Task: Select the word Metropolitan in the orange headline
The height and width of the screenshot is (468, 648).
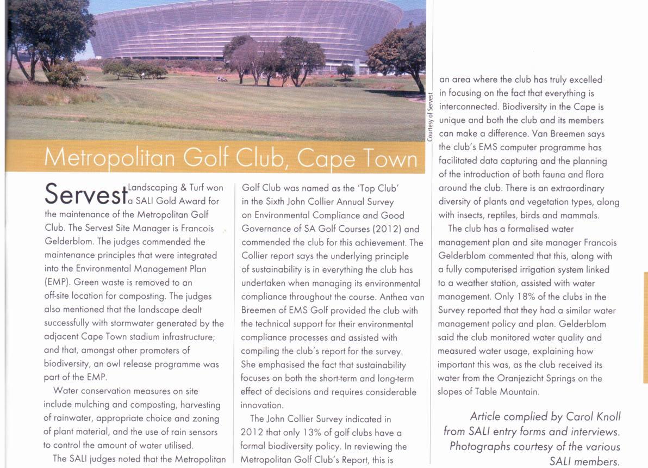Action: (x=110, y=157)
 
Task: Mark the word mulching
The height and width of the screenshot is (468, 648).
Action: (x=93, y=405)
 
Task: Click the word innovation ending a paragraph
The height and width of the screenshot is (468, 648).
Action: (x=261, y=405)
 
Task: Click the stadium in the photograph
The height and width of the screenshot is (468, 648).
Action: (x=245, y=27)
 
